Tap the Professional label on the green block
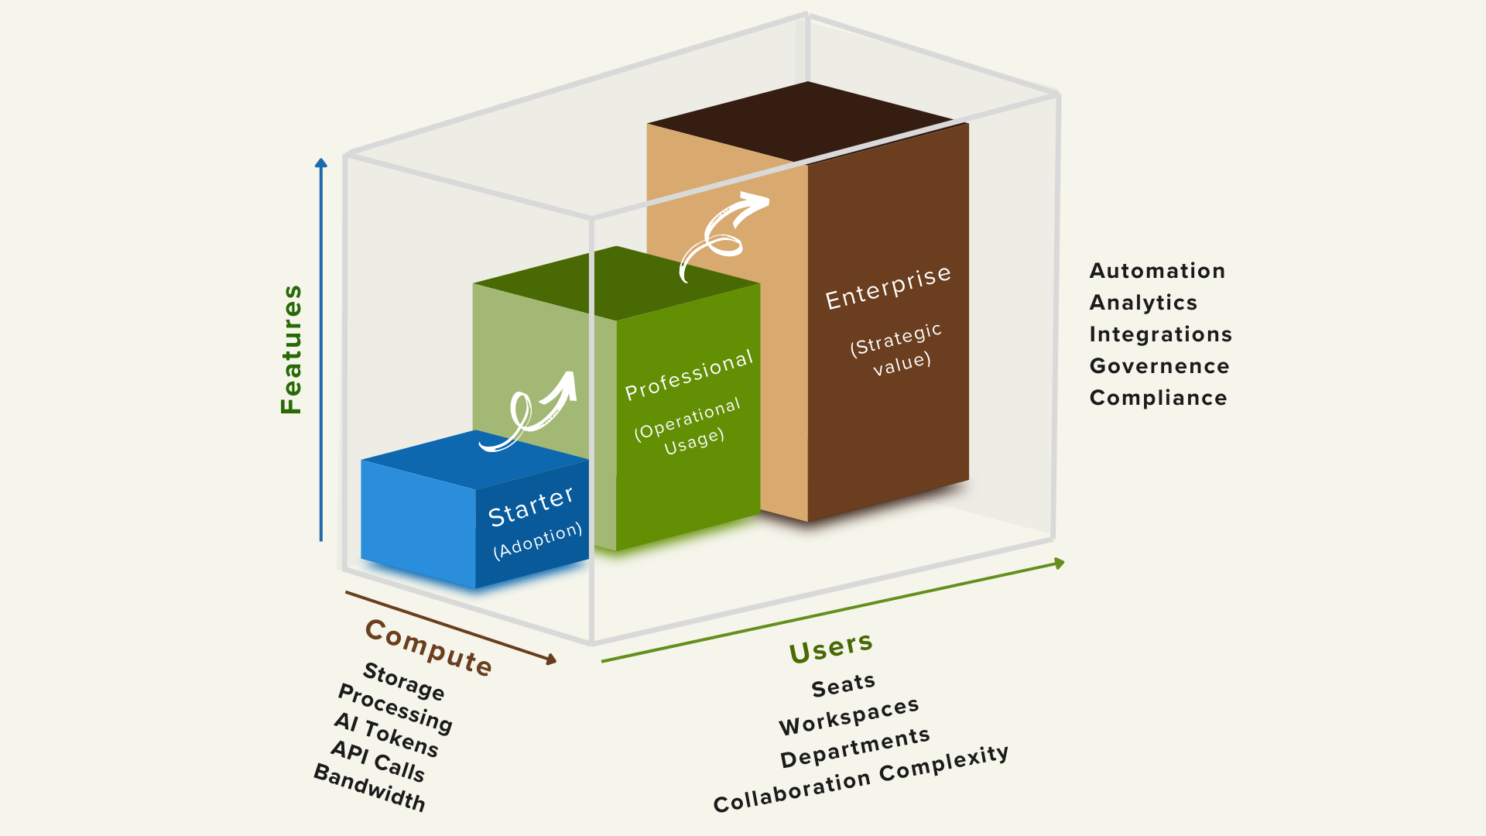pos(689,375)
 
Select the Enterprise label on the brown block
pos(888,287)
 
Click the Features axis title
pos(292,349)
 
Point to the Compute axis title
pos(428,648)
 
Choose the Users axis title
pos(831,647)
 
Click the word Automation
pos(1157,271)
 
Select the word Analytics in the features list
pos(1143,303)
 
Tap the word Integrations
pos(1160,334)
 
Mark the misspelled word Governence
pos(1159,366)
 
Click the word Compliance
pos(1158,398)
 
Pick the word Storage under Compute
pos(404,681)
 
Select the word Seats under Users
pos(843,685)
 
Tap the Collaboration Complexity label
pos(861,779)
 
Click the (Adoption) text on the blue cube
pos(537,540)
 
